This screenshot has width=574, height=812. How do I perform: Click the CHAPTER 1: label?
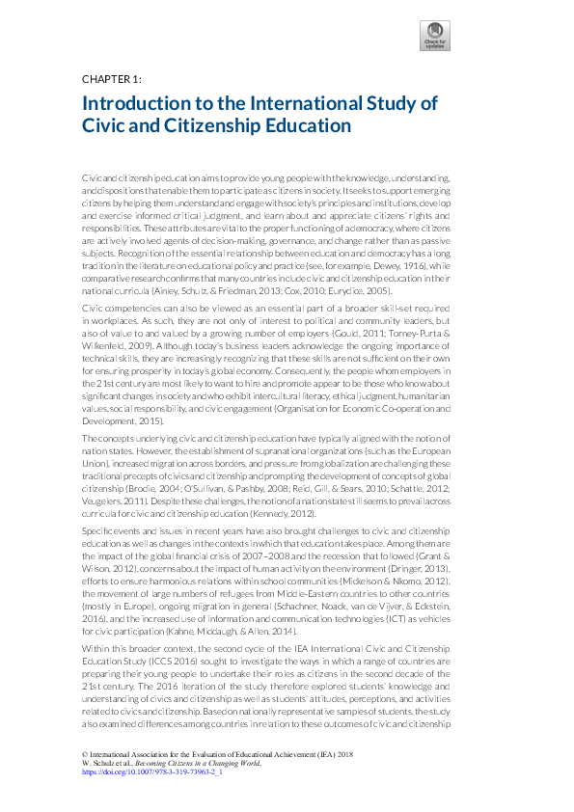point(112,78)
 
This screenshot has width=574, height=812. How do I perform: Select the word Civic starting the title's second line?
point(105,125)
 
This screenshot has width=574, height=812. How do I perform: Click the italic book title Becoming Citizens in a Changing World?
point(202,764)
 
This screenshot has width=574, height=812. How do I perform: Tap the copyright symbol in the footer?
point(85,755)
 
